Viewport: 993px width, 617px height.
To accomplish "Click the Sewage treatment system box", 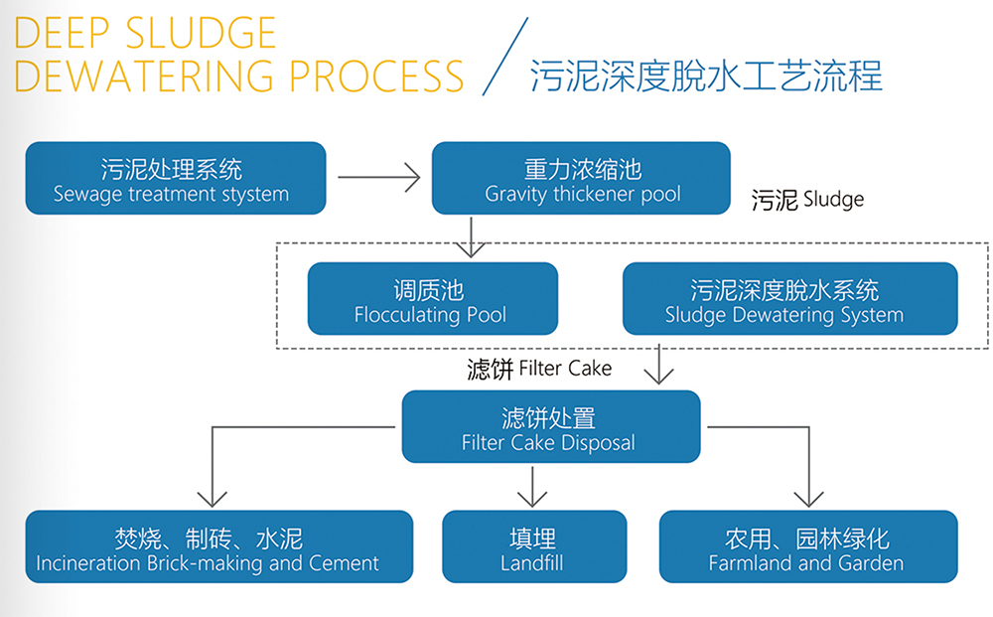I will pos(176,178).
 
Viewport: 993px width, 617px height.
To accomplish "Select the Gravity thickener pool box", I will pos(581,178).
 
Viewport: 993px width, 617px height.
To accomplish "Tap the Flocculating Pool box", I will pos(433,299).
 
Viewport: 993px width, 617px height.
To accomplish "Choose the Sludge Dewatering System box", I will pos(789,299).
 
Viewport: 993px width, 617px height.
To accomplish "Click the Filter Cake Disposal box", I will pos(550,427).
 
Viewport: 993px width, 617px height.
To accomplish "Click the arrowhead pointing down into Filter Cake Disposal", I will pos(658,376).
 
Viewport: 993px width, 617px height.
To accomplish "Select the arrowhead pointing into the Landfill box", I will pos(533,497).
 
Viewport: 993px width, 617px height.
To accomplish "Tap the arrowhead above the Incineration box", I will pos(212,497).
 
